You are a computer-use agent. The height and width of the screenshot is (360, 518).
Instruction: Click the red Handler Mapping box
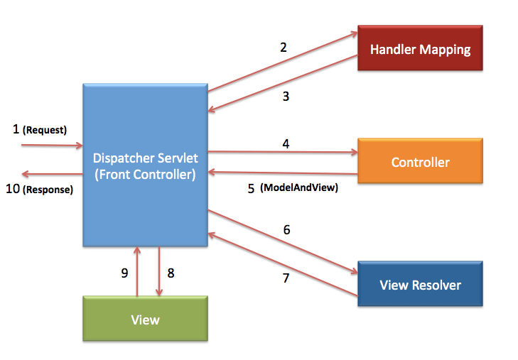pos(420,49)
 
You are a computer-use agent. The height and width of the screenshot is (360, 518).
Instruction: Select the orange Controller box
pos(420,163)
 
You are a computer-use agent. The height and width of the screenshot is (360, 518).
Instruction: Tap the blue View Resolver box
pos(420,285)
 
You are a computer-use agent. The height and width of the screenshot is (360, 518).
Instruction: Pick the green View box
pos(145,320)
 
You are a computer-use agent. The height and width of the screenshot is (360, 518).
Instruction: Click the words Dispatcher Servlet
pos(145,158)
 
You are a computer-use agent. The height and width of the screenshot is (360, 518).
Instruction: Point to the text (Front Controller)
pos(145,174)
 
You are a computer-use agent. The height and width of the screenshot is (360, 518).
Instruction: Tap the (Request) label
pos(45,130)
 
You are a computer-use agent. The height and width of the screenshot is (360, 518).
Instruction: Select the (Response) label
pos(48,190)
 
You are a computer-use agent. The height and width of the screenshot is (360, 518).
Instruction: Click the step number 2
pos(284,48)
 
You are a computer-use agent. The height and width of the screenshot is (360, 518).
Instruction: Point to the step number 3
pos(286,97)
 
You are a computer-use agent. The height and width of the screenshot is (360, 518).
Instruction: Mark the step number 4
pos(286,143)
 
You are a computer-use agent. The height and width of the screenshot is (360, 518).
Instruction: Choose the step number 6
pos(286,229)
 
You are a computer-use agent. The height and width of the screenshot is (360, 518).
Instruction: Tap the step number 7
pos(286,278)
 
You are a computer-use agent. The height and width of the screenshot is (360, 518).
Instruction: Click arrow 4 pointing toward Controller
pos(284,152)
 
